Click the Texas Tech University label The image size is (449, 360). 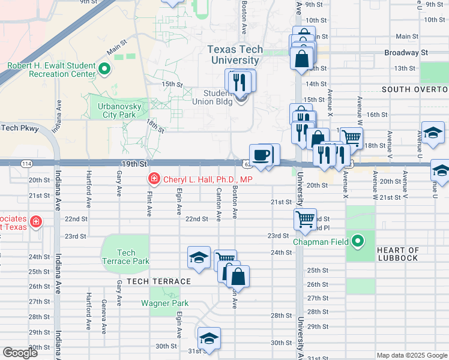click(234, 55)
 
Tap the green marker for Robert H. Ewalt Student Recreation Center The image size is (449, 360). click(104, 70)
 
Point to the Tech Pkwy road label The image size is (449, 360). click(20, 128)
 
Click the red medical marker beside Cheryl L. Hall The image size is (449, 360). click(154, 179)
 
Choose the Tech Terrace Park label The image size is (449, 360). click(125, 257)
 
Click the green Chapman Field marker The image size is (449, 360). click(358, 242)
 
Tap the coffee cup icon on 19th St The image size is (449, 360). click(261, 155)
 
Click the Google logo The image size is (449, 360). click(20, 353)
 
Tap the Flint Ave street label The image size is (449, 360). click(148, 203)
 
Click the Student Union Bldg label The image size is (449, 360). click(217, 97)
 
